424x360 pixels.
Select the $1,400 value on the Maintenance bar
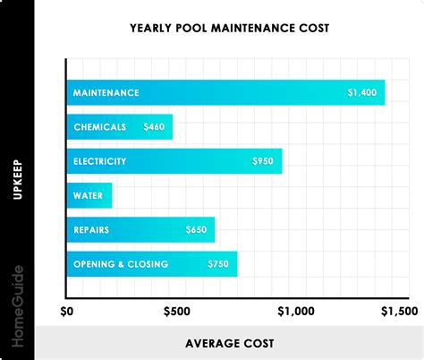(x=362, y=92)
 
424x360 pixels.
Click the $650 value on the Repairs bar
(x=196, y=230)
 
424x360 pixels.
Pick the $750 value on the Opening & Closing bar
(x=218, y=264)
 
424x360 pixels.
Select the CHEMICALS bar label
(x=99, y=127)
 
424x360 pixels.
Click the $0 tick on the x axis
(x=67, y=313)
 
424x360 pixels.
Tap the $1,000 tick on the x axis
(x=296, y=313)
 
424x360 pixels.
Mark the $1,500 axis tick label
(x=399, y=313)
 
